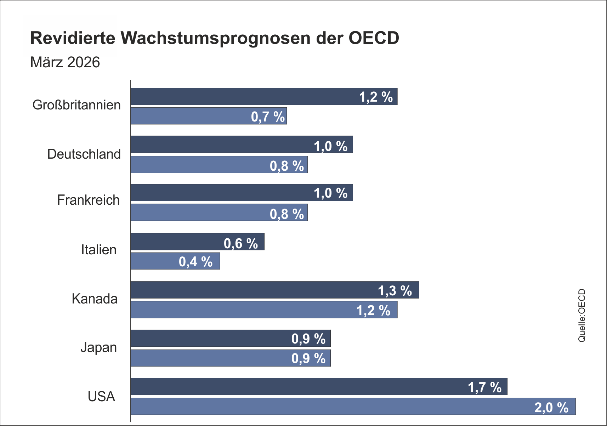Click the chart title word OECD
pos(374,38)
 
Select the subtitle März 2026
pos(65,62)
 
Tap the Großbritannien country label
pos(76,105)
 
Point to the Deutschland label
pos(84,154)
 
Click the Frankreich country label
pos(88,200)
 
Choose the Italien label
pos(99,250)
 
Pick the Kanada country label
pos(95,299)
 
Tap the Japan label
pos(98,347)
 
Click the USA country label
pos(101,397)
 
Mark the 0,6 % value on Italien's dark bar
pos(241,244)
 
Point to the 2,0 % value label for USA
pos(551,408)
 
